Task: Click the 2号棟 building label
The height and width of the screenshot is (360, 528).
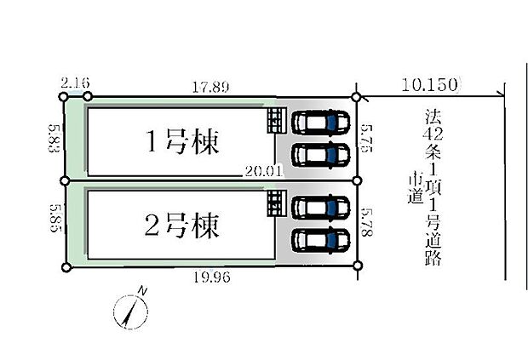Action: click(x=181, y=226)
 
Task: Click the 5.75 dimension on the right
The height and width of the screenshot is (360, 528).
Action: click(x=368, y=138)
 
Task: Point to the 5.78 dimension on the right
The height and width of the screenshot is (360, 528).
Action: click(x=368, y=223)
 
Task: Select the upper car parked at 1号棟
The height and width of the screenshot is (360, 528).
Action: click(x=319, y=122)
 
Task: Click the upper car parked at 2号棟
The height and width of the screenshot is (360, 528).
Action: click(x=319, y=207)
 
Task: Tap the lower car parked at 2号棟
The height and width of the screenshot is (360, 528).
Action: click(x=319, y=240)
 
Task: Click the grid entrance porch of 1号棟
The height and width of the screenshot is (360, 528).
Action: click(x=276, y=120)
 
